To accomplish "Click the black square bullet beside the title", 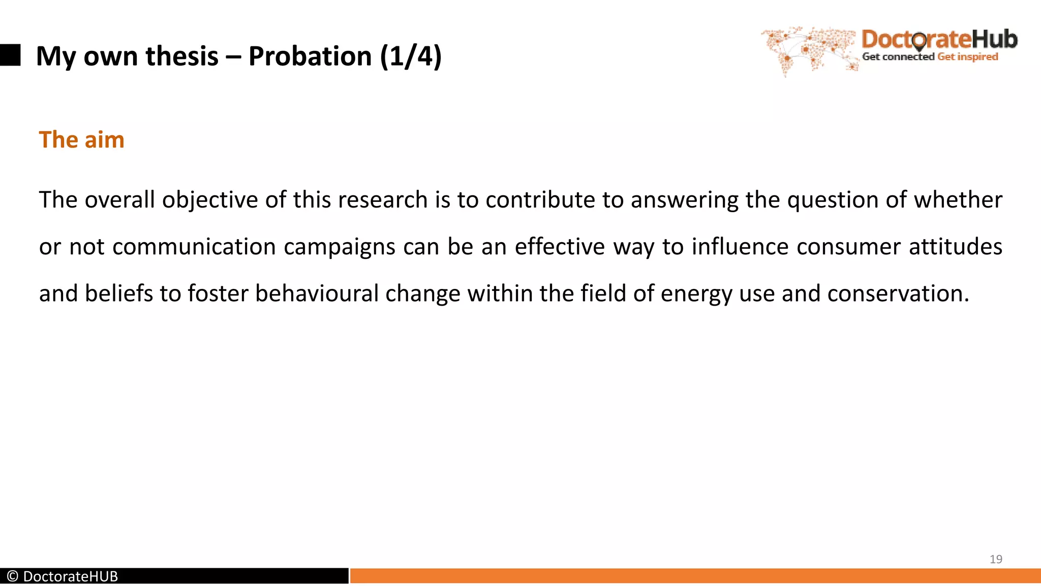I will pos(10,55).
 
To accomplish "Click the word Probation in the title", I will pos(310,56).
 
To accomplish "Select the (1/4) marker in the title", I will pos(411,56).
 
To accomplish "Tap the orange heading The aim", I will pos(81,140).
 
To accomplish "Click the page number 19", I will pos(996,559).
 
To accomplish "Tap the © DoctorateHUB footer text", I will pos(63,576).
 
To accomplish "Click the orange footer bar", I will pos(695,576).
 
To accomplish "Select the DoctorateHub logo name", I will pos(939,39).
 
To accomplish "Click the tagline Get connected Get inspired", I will pos(930,57).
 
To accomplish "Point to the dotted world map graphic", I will pos(808,49).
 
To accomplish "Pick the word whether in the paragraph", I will pos(958,200).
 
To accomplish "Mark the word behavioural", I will pos(317,294).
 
